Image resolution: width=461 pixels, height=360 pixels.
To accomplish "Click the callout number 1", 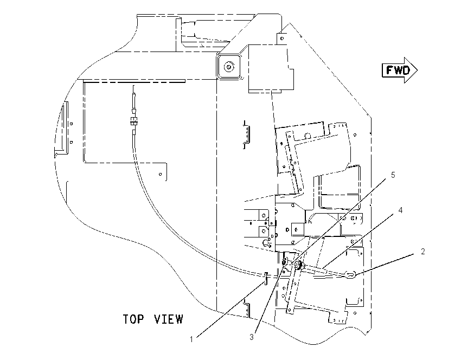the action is (x=191, y=339).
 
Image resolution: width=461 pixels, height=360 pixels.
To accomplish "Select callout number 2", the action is (x=423, y=252).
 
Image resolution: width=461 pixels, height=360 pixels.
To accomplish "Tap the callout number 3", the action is (x=252, y=337).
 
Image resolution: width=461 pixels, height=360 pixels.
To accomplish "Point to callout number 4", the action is (x=400, y=210).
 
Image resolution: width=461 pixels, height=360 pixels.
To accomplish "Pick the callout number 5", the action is (x=393, y=175).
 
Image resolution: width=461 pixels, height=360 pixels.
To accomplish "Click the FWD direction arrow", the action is (x=400, y=70).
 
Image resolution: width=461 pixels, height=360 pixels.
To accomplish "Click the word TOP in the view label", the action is (x=133, y=319).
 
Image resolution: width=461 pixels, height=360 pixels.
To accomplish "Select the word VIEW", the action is (x=169, y=319).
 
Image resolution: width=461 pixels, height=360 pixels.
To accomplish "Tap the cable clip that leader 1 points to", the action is (x=266, y=278).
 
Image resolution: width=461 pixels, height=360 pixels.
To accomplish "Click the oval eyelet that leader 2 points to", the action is (x=350, y=275).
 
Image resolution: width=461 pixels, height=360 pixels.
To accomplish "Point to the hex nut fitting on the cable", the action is (x=134, y=120).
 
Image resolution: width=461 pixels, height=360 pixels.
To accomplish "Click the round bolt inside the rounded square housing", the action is (x=228, y=67).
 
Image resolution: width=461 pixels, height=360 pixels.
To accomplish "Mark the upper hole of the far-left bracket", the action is (x=71, y=124).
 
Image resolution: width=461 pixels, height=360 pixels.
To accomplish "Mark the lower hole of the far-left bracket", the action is (x=71, y=142).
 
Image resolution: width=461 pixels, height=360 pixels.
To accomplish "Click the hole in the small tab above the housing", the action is (x=281, y=38).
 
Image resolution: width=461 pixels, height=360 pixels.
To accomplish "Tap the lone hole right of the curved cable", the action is (x=160, y=174).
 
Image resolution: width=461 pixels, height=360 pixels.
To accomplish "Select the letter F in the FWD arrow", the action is (x=389, y=70).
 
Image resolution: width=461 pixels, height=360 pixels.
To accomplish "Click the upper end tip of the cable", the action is (x=134, y=86).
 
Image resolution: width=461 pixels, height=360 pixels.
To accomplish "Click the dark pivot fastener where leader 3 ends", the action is (x=285, y=261).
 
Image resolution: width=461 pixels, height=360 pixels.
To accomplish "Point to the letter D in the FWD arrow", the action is (x=406, y=70).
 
